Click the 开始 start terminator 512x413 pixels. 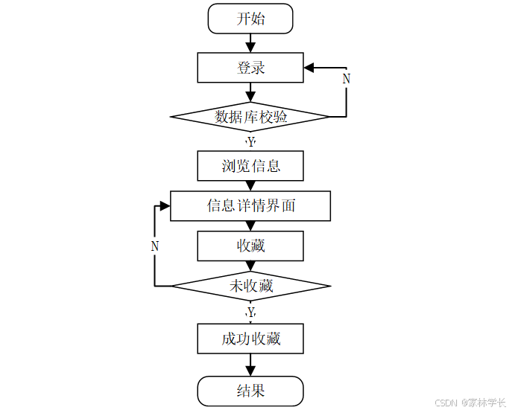coord(250,19)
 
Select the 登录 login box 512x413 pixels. coord(250,68)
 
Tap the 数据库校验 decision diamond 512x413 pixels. coord(250,117)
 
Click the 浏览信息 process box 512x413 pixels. coord(250,166)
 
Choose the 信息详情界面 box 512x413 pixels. coord(250,206)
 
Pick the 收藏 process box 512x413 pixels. coord(250,246)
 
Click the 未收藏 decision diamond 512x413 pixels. coord(250,286)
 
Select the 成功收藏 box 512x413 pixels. coord(250,339)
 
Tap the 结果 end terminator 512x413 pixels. coord(250,391)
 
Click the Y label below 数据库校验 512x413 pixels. coord(251,141)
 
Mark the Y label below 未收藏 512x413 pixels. coord(251,311)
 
